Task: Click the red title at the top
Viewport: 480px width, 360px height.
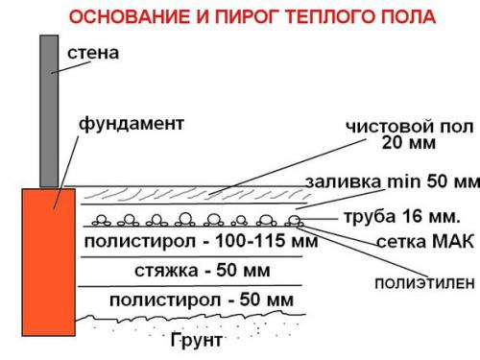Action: point(240,16)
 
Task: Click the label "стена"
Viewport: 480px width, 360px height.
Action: point(93,53)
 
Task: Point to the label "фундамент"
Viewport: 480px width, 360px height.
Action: point(131,124)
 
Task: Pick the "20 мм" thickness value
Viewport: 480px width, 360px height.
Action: point(409,145)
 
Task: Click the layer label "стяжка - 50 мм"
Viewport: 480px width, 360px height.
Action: point(188,271)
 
